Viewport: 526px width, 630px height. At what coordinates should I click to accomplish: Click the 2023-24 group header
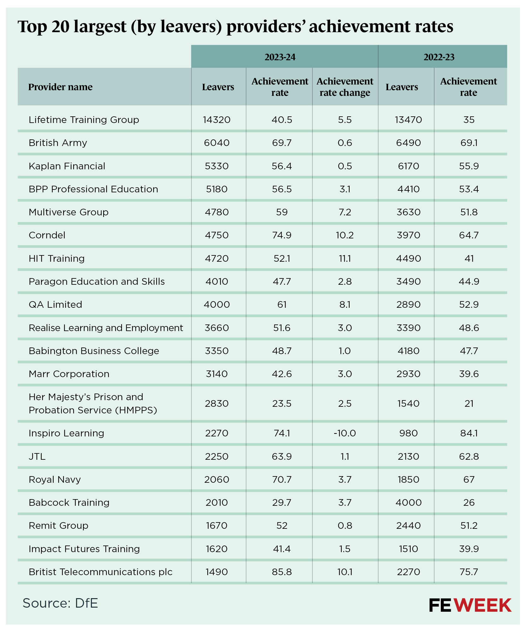point(280,57)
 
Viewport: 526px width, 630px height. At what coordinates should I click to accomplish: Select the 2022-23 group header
point(439,57)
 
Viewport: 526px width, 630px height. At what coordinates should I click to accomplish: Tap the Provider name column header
point(60,87)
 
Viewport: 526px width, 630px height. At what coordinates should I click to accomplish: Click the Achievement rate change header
point(345,87)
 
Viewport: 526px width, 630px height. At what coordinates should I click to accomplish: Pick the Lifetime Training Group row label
point(84,120)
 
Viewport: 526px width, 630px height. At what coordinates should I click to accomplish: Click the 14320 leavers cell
point(217,120)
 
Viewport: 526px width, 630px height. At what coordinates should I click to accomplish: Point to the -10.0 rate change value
point(345,433)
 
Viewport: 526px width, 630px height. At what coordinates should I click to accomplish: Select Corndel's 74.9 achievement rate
point(281,235)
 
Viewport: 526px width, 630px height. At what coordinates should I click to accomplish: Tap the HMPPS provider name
point(92,403)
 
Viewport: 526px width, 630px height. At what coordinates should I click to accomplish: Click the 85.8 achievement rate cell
point(281,572)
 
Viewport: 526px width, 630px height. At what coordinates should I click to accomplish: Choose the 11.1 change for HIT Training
point(345,259)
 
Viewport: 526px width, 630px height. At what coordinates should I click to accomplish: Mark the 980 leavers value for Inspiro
point(408,433)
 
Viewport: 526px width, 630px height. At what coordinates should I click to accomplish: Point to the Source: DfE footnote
point(60,603)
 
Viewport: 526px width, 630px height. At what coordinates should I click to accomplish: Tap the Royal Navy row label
point(55,479)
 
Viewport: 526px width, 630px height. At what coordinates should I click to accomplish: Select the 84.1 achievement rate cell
point(469,433)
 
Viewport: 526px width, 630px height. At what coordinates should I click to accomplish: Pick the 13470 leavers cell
point(408,120)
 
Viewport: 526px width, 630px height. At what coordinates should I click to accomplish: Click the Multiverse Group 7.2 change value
point(345,212)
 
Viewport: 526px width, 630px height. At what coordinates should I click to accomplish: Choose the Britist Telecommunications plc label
point(100,572)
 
